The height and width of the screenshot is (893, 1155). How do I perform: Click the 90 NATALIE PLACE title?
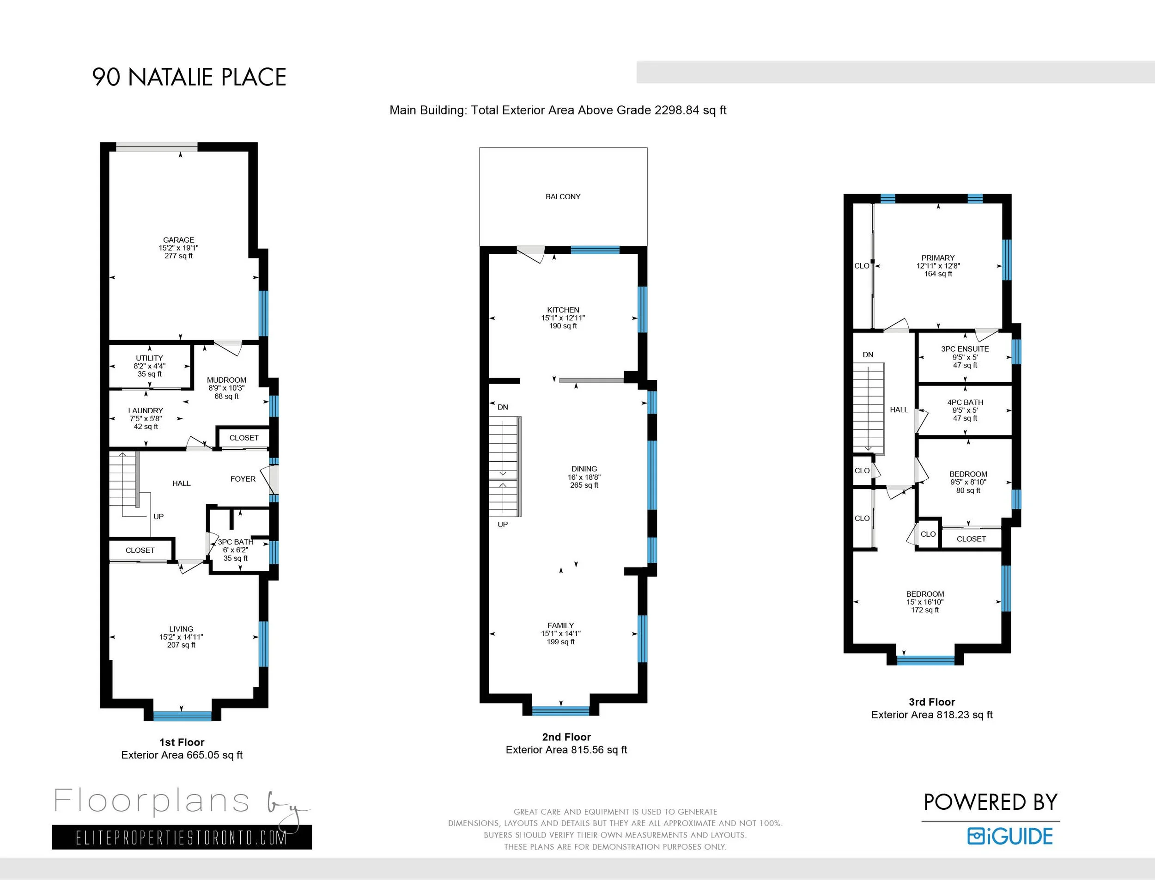coord(189,77)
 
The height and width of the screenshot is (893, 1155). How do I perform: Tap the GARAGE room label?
coord(178,239)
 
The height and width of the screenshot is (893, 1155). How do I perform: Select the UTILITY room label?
coord(149,358)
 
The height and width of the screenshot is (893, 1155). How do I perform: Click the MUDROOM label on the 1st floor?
coord(226,380)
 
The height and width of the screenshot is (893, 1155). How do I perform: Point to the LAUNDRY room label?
coord(146,410)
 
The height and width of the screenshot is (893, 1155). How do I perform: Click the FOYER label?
coord(243,479)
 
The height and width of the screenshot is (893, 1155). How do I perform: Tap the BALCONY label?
coord(563,197)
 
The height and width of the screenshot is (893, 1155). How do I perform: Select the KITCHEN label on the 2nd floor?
coord(563,310)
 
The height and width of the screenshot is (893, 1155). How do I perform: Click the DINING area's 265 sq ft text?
coord(584,485)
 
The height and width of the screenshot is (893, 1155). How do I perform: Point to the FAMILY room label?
coord(560,626)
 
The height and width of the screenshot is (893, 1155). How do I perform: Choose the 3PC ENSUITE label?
coord(965,349)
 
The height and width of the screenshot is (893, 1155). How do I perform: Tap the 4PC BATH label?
coord(965,403)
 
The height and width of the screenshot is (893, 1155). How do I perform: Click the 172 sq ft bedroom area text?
coord(924,610)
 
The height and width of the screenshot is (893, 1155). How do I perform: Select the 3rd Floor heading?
coord(931,702)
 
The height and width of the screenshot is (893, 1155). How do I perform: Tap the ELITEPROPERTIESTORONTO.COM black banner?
coord(182,837)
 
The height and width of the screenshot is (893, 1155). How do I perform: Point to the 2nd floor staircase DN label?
coord(502,407)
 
